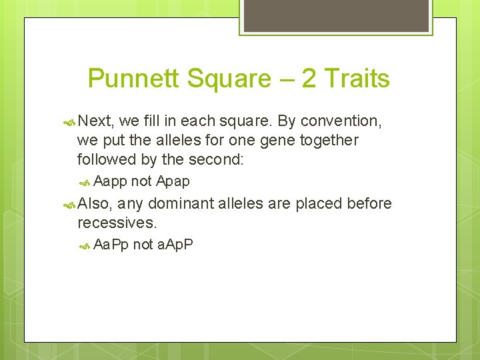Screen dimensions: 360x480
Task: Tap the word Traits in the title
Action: pos(357,79)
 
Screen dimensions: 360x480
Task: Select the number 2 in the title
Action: pos(309,79)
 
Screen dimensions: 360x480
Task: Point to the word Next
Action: pos(97,121)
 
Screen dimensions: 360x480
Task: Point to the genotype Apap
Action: pos(173,181)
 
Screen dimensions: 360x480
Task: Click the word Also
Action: pos(95,203)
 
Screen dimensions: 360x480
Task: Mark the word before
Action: pos(369,203)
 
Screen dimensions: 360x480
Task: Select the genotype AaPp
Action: pos(111,245)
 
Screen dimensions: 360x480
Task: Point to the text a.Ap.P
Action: pos(175,245)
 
